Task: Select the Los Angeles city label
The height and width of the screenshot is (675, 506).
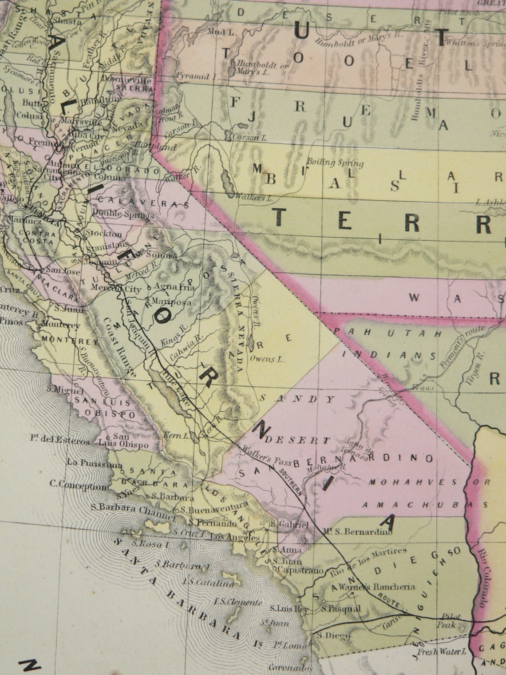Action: pyautogui.click(x=234, y=538)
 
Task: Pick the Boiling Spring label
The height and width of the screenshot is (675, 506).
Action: pyautogui.click(x=335, y=163)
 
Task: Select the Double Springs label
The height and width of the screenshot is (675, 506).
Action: pyautogui.click(x=123, y=215)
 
